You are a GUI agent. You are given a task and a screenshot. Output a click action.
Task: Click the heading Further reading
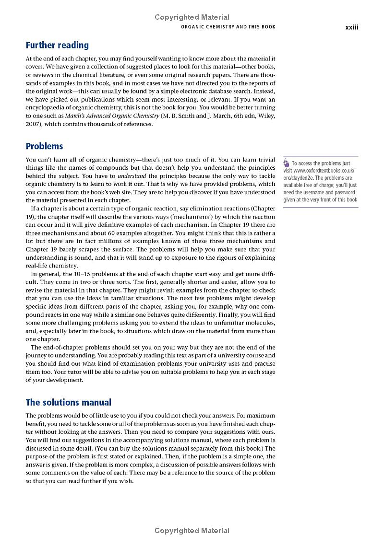click(57, 46)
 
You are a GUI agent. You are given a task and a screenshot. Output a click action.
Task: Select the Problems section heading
click(44, 146)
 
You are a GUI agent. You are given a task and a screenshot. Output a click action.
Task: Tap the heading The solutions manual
click(68, 402)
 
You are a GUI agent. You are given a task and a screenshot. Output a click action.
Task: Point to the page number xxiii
click(352, 27)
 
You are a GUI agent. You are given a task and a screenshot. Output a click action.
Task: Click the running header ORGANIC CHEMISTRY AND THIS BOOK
click(228, 27)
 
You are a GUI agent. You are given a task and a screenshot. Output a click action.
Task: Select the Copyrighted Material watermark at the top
click(192, 17)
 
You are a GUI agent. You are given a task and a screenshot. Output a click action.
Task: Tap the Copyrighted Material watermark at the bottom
click(192, 530)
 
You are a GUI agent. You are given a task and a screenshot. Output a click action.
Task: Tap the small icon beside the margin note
click(287, 163)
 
